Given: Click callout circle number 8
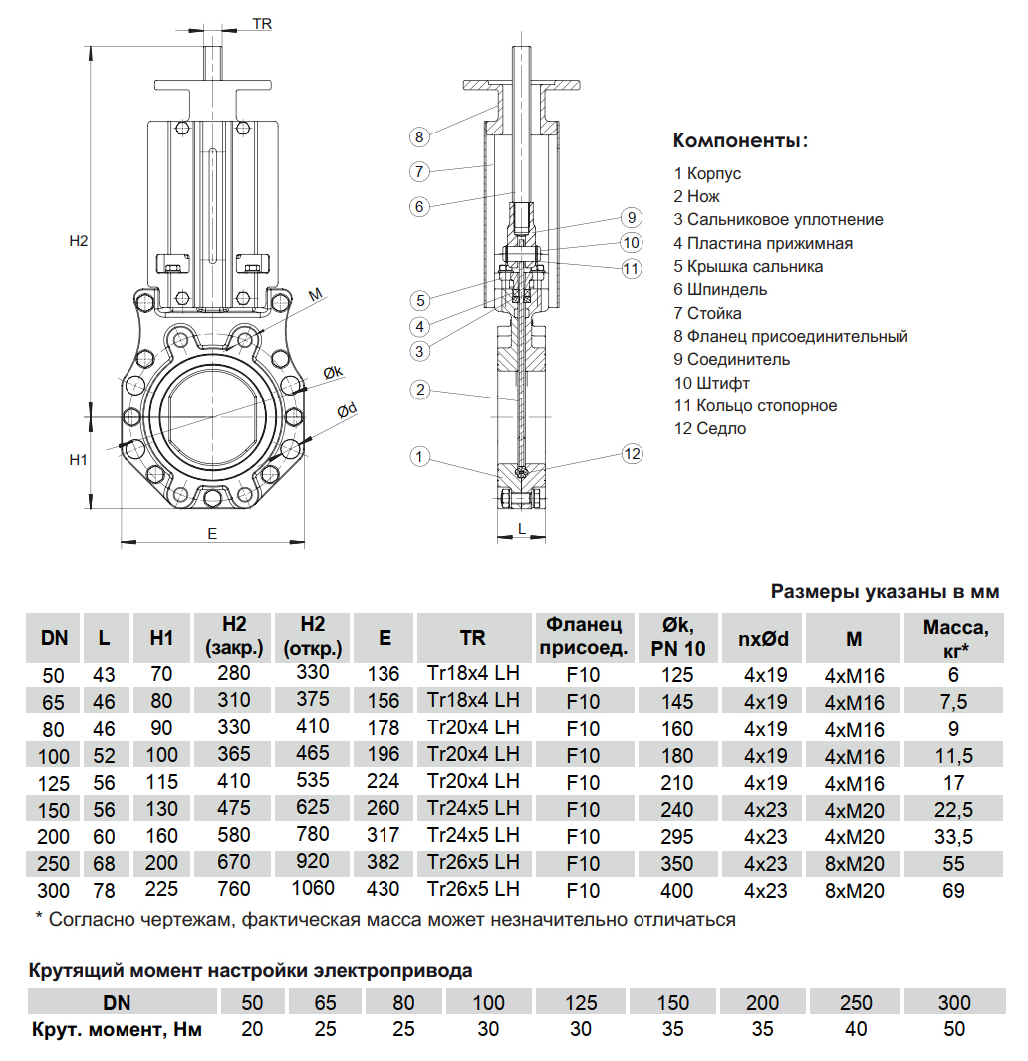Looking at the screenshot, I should point(419,136).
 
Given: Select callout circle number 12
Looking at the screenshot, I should point(632,454).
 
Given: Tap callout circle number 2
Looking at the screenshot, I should point(420,390).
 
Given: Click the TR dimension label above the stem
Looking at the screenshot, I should point(262,23).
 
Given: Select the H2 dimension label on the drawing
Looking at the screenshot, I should point(79,241).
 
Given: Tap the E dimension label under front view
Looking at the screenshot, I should point(212,534).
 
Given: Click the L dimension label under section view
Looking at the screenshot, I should point(522,530).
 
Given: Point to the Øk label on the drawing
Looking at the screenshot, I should point(333,372).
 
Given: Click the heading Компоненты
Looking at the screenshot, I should point(740,140).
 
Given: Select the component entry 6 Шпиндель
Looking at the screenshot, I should point(720,290).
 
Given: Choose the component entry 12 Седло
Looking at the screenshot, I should point(709,429).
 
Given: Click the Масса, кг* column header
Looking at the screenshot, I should point(953,638).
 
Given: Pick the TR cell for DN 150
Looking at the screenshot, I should point(473,809).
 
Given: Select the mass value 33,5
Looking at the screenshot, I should point(953,836).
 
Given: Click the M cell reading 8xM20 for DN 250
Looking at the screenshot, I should point(854,863).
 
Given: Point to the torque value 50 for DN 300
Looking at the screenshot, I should point(953,1029).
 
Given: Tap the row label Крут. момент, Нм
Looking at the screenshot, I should point(117,1029).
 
